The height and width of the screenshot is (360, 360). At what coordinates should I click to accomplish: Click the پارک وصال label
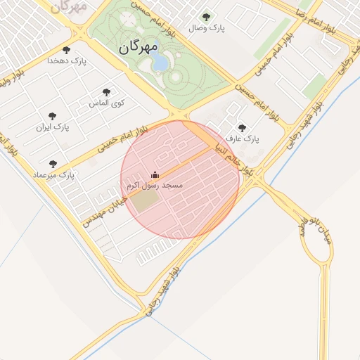pyautogui.click(x=205, y=29)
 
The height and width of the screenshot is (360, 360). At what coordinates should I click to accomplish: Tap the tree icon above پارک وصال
pyautogui.click(x=205, y=17)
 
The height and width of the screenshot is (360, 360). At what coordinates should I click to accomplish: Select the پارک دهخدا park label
pyautogui.click(x=66, y=61)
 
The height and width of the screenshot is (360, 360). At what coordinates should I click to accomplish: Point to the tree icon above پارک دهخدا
pyautogui.click(x=66, y=50)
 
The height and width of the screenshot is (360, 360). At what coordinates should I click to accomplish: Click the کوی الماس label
pyautogui.click(x=106, y=103)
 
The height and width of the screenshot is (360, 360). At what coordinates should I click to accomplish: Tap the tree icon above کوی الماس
pyautogui.click(x=106, y=92)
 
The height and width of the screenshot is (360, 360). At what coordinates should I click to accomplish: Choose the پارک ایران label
pyautogui.click(x=53, y=128)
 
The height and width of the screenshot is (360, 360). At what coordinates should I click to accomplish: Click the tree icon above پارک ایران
pyautogui.click(x=52, y=116)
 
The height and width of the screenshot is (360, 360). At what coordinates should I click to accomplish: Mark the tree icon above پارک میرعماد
pyautogui.click(x=53, y=163)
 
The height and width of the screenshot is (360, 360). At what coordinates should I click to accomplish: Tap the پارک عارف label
pyautogui.click(x=243, y=139)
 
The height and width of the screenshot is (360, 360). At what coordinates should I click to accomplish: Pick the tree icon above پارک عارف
pyautogui.click(x=243, y=128)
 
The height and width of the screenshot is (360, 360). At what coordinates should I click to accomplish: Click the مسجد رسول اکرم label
pyautogui.click(x=155, y=186)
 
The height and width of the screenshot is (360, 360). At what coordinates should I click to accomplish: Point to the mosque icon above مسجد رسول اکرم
pyautogui.click(x=155, y=174)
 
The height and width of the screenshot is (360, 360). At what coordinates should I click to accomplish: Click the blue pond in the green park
pyautogui.click(x=160, y=63)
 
